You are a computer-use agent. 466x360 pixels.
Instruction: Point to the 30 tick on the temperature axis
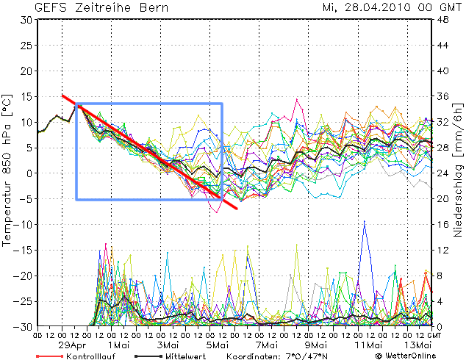(x=25, y=20)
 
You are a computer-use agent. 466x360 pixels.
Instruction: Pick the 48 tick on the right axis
(x=443, y=20)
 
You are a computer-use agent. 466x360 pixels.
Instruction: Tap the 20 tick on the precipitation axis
(x=443, y=199)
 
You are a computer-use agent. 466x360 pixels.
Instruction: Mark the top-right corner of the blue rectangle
(x=222, y=104)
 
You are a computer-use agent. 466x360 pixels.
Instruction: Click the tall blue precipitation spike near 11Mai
(x=364, y=222)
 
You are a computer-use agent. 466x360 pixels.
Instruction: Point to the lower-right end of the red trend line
(x=237, y=209)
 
